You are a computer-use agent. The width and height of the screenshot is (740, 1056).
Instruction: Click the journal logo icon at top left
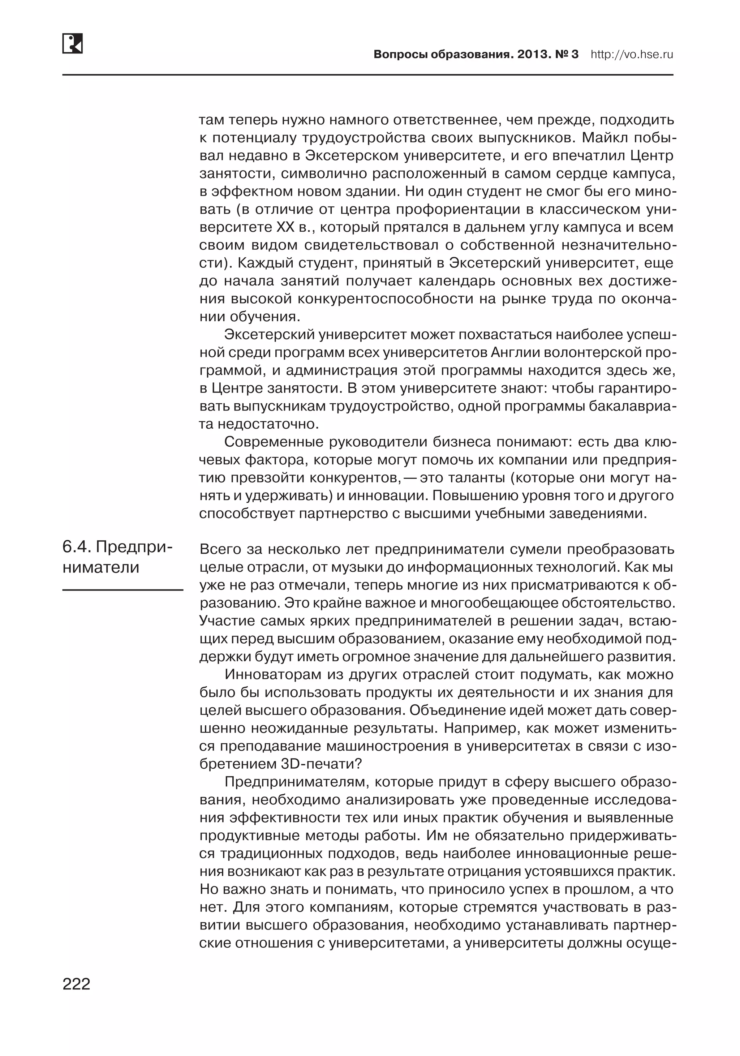pos(73,43)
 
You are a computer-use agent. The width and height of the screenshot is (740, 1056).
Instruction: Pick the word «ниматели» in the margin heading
pos(101,567)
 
